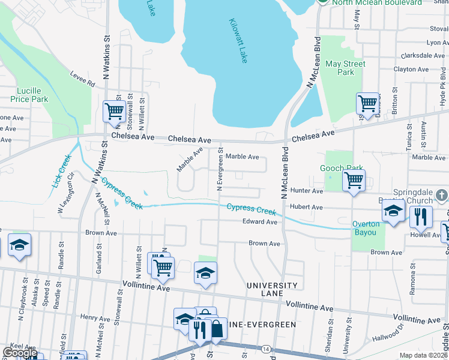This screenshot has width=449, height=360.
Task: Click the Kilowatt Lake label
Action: [238, 41]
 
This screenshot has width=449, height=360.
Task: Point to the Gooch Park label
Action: [340, 169]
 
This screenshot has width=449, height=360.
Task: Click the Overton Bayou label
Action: [366, 228]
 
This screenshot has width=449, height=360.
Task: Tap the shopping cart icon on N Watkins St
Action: [114, 111]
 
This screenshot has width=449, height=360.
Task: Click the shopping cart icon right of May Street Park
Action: [367, 103]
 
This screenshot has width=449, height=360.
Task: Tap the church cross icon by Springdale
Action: [441, 195]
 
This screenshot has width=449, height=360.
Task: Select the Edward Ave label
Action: [259, 222]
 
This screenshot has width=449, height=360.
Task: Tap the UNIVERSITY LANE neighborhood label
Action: [272, 290]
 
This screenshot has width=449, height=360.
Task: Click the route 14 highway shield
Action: [265, 348]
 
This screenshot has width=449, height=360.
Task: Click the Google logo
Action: [20, 353]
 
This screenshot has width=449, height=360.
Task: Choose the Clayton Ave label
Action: [411, 70]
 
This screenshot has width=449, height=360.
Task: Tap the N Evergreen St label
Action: [220, 170]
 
